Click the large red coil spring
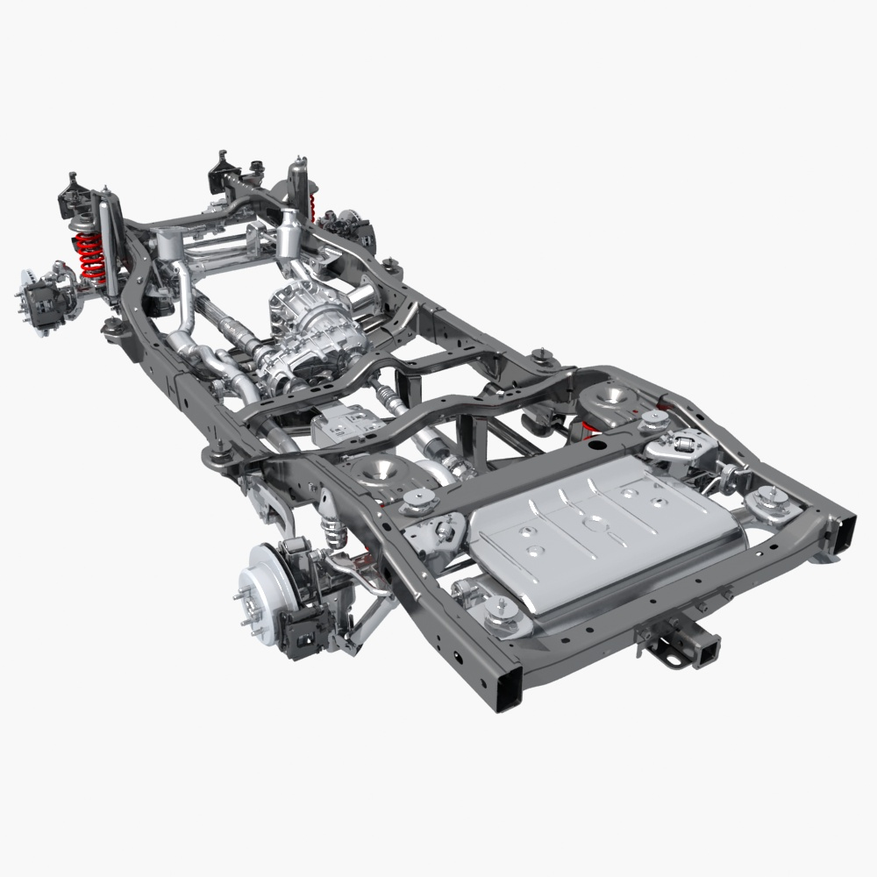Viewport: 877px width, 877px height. (90, 254)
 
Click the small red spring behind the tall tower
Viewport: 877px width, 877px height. (313, 207)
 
